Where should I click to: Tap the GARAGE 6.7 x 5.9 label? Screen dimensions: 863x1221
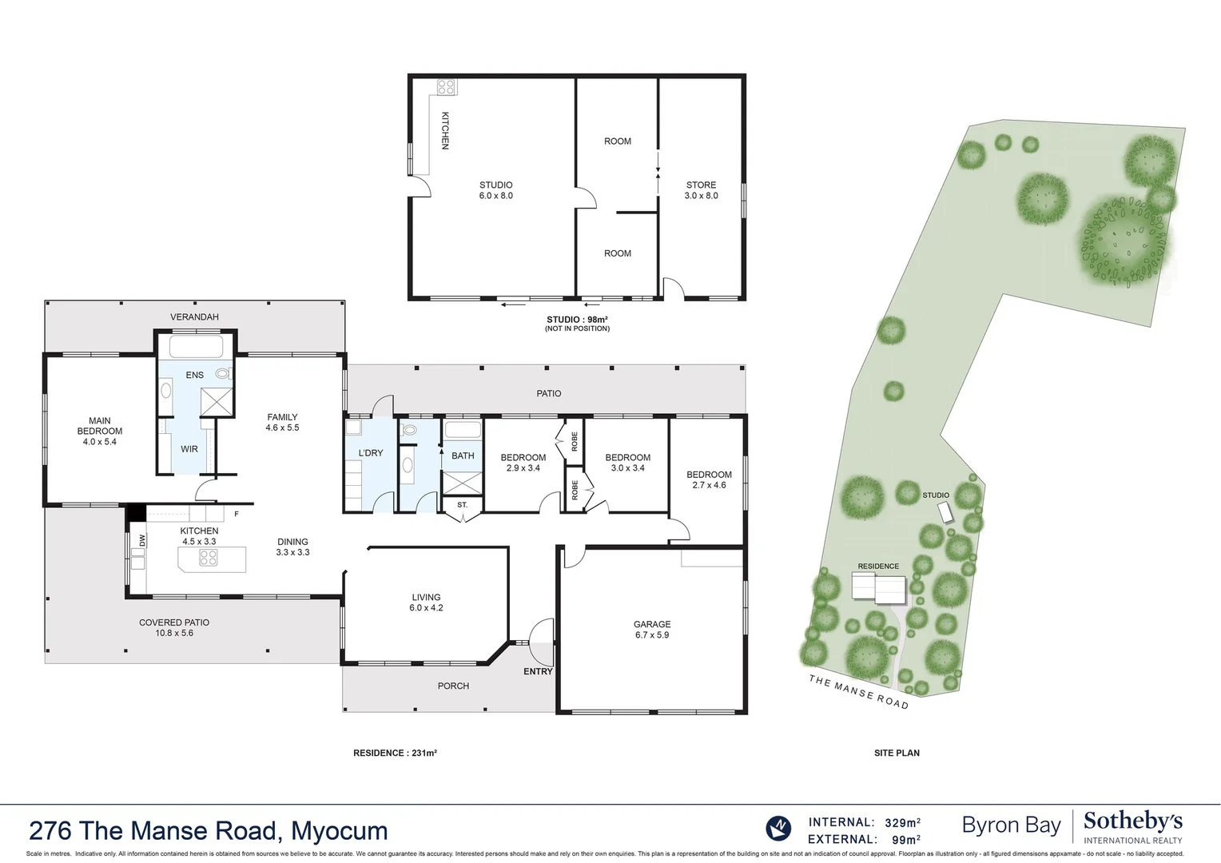tap(652, 630)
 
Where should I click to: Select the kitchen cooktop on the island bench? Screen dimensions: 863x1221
tap(208, 559)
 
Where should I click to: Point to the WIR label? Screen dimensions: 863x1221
tap(189, 449)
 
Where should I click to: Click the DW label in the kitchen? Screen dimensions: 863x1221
tap(142, 540)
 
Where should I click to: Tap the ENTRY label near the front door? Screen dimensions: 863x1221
tap(538, 671)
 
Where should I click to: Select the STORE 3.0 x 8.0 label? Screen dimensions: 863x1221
tap(701, 190)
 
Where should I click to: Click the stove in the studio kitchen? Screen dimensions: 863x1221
tap(445, 87)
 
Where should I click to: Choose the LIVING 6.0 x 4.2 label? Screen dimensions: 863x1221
tap(426, 603)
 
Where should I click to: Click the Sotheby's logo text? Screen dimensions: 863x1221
tap(1132, 821)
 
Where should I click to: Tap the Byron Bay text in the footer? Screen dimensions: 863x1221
tap(1011, 825)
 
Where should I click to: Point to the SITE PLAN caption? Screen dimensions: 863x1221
tap(897, 753)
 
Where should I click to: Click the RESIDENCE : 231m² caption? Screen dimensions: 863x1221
tap(395, 753)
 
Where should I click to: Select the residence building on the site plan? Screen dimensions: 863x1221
tap(878, 590)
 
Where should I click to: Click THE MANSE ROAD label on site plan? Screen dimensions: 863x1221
tap(858, 692)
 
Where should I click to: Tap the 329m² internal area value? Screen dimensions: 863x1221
tap(902, 822)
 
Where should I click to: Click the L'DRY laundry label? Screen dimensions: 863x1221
tap(371, 453)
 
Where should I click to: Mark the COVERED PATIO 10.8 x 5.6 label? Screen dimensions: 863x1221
tap(174, 627)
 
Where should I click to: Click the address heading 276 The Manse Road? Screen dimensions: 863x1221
tap(208, 831)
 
